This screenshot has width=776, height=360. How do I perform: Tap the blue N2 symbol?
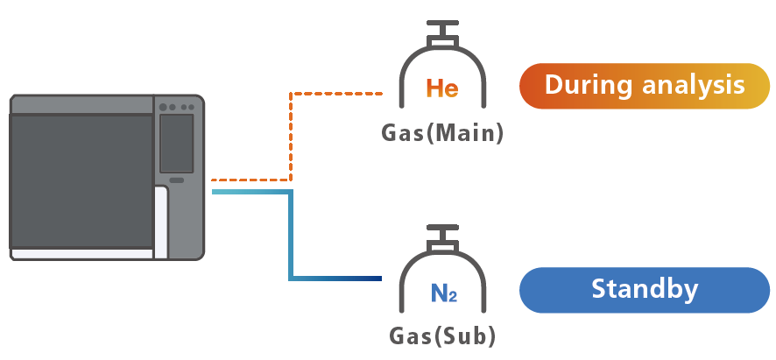443,293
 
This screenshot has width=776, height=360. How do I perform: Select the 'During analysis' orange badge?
644,86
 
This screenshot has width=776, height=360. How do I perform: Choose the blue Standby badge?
644,290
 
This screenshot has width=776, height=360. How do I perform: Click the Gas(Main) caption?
442,133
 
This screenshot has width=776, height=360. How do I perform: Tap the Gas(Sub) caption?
442,336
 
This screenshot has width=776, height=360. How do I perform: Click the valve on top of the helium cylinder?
442,32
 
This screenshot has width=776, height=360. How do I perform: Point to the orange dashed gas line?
290,131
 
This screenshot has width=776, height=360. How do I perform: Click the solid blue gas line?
290,236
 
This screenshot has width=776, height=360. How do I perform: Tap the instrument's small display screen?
176,143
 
